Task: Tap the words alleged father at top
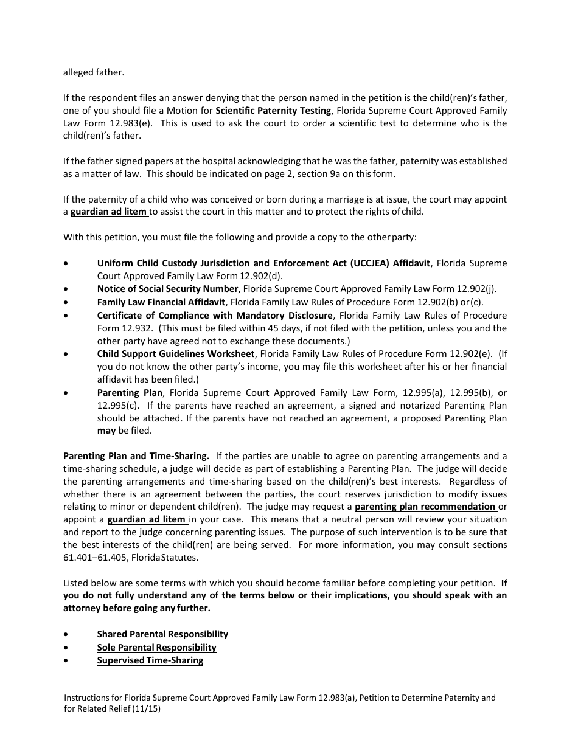pyautogui.click(x=93, y=72)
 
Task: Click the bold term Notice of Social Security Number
pyautogui.click(x=167, y=289)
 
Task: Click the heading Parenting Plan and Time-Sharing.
pyautogui.click(x=136, y=456)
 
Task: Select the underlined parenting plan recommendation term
pyautogui.click(x=425, y=507)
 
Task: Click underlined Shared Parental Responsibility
pyautogui.click(x=162, y=634)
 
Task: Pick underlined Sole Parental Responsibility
pyautogui.click(x=156, y=648)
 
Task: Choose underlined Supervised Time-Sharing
pyautogui.click(x=150, y=660)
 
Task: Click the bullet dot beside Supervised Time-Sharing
pyautogui.click(x=66, y=661)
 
